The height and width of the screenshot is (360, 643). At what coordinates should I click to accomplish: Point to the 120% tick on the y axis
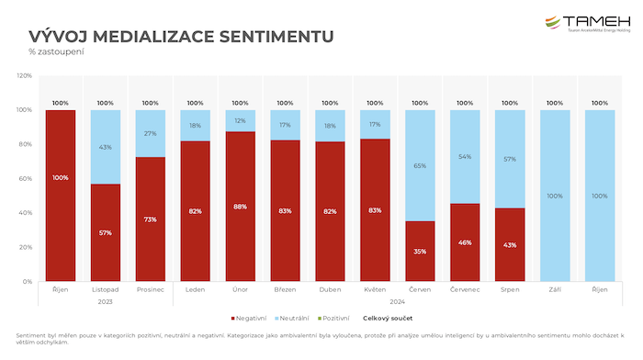click(x=24, y=76)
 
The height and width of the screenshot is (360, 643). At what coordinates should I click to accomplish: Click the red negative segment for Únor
click(x=240, y=207)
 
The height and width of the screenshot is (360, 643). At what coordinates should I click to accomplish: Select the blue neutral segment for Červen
click(x=420, y=165)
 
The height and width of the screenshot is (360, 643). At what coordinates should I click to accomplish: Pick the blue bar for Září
click(x=555, y=196)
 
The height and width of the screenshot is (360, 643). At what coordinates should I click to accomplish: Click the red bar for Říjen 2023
click(x=61, y=196)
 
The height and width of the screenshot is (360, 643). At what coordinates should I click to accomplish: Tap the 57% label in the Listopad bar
click(x=106, y=233)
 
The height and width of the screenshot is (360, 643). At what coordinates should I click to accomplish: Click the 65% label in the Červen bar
click(x=420, y=165)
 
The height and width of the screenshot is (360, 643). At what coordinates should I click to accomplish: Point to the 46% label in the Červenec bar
click(x=465, y=242)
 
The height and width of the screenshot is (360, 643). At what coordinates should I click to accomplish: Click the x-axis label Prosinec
click(x=150, y=289)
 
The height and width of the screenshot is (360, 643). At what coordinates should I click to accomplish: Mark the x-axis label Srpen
click(x=510, y=289)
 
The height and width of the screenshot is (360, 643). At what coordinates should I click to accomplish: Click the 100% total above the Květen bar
click(x=375, y=103)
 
